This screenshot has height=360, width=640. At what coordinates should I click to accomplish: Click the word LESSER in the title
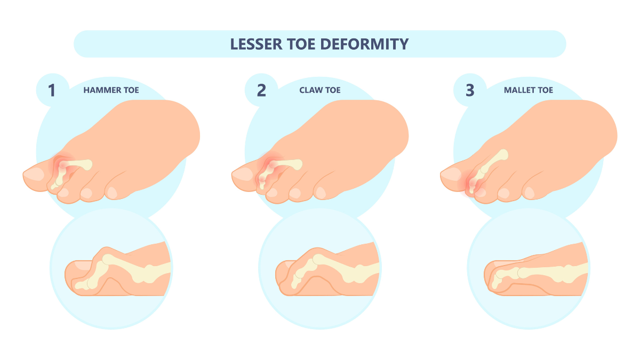(256, 44)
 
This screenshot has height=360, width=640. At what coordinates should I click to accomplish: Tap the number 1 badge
(52, 90)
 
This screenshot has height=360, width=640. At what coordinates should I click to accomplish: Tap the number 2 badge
(261, 90)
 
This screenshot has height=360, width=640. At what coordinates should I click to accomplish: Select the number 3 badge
(470, 90)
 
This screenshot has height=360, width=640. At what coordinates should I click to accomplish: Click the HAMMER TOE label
(111, 90)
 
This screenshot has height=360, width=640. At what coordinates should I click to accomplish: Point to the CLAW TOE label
(319, 90)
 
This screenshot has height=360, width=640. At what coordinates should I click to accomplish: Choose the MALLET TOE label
(529, 90)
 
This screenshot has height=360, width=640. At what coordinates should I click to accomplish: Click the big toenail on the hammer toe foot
(34, 174)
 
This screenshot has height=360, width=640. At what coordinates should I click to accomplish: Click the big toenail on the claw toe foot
(243, 174)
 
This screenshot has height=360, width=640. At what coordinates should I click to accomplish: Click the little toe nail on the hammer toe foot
(113, 193)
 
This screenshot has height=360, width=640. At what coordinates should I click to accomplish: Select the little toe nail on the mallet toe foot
(530, 193)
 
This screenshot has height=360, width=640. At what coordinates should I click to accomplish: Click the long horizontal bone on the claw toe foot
(286, 165)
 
